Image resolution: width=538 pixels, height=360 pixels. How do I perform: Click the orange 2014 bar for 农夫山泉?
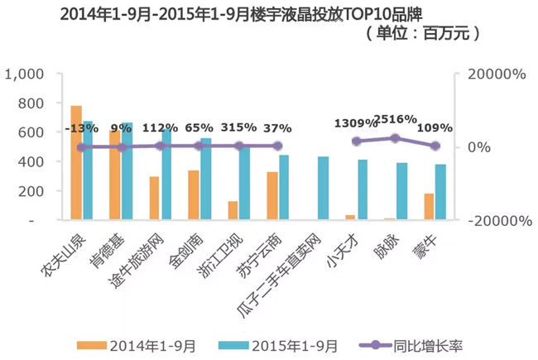click(76, 163)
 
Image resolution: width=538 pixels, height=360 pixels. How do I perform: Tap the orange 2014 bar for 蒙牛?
click(429, 207)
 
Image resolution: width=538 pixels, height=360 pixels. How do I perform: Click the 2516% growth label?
click(395, 118)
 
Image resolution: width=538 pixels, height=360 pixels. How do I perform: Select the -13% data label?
click(81, 128)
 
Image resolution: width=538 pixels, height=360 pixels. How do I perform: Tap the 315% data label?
click(240, 127)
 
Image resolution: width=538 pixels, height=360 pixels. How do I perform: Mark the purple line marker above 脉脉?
click(396, 138)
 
